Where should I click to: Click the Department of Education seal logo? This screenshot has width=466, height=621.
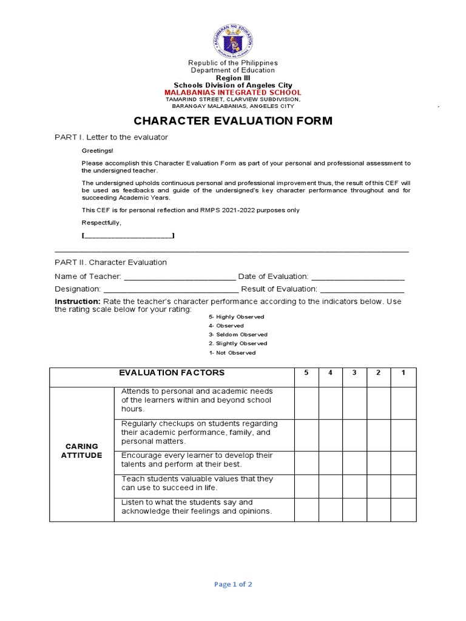pos(233,39)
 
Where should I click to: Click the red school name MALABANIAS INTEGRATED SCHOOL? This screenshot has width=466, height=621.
pos(233,92)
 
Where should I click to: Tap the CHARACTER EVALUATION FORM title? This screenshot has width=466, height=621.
pos(233,121)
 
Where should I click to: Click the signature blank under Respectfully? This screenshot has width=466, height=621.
pos(128,236)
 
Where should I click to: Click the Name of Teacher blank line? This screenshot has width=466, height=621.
pos(180,277)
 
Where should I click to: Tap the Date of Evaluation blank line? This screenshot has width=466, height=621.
pos(357,277)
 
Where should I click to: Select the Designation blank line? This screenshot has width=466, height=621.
pos(171,290)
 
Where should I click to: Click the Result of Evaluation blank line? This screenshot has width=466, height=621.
pos(362,290)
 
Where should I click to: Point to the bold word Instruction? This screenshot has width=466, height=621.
pos(77,301)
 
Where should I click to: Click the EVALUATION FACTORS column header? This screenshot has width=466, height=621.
pos(172,373)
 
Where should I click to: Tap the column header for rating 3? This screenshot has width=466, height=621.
pos(354,373)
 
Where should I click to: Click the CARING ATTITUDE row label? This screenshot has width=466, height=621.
pos(82,451)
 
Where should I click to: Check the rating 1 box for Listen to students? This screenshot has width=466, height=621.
pos(404,509)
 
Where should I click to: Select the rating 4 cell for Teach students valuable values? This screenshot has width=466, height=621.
pos(331,486)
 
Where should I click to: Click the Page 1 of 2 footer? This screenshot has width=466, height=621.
pos(233,585)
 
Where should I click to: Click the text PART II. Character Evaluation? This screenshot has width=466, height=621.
pos(110,263)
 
